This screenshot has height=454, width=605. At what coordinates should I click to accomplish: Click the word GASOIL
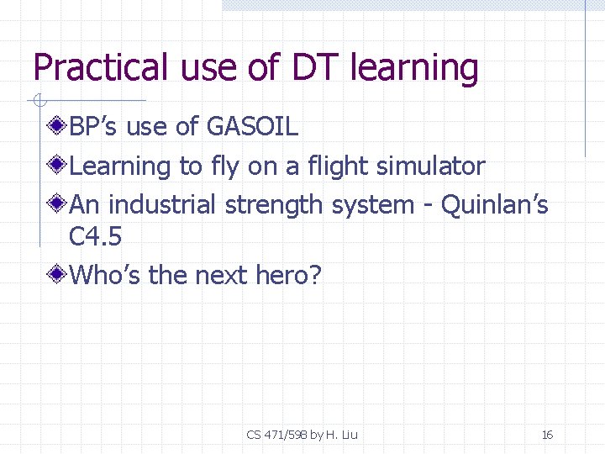click(252, 127)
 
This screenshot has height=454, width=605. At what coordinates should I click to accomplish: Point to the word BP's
click(93, 127)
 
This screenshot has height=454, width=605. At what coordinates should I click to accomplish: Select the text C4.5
click(95, 237)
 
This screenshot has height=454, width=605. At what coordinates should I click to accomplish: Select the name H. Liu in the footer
click(340, 435)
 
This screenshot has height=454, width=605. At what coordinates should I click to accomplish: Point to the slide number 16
click(547, 435)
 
